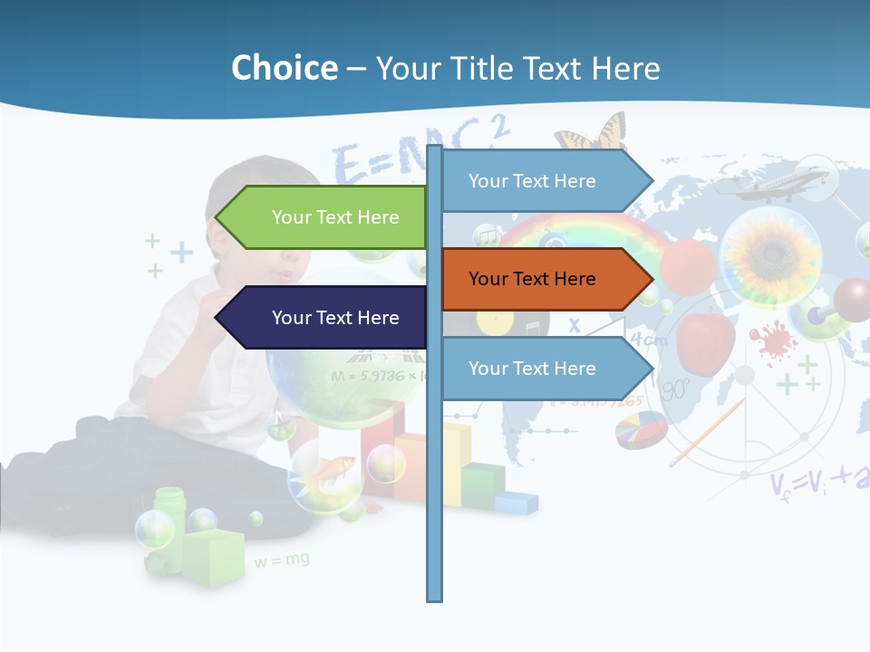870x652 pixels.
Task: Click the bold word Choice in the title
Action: [x=284, y=68]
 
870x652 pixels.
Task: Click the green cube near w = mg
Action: [x=214, y=556]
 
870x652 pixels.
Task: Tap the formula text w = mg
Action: [x=282, y=561]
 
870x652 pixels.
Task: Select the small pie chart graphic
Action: [x=641, y=429]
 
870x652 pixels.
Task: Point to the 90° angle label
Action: [x=675, y=390]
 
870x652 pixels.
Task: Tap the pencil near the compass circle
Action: [x=706, y=432]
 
